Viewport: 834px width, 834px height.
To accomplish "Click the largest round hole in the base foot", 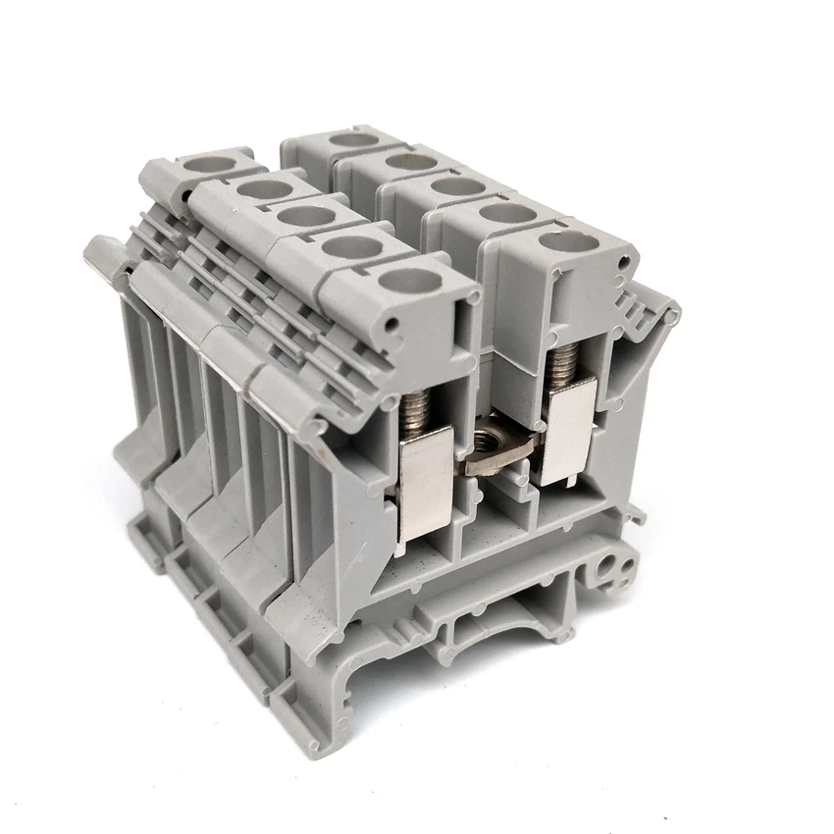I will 618,566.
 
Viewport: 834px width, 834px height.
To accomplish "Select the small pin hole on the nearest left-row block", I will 394,325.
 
